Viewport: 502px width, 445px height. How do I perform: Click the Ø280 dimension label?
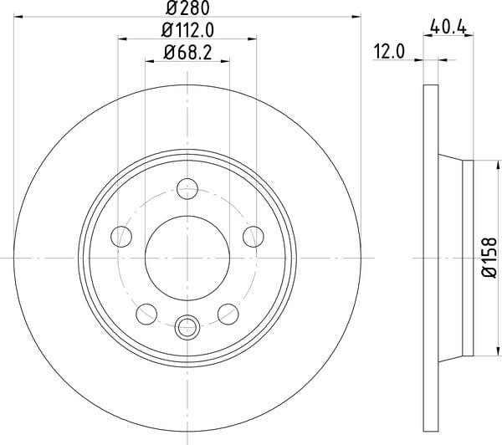187,8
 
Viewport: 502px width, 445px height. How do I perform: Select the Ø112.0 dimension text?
187,30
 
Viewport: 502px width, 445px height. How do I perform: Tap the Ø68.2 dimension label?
187,52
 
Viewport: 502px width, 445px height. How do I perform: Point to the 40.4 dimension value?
448,27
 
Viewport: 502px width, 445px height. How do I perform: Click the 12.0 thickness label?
389,52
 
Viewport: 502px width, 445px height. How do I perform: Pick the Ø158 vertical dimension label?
489,258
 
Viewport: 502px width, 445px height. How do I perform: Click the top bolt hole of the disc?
187,189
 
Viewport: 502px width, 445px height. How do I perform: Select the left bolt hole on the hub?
121,237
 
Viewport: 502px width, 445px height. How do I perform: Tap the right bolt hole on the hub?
254,237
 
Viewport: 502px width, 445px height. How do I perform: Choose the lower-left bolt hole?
146,314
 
